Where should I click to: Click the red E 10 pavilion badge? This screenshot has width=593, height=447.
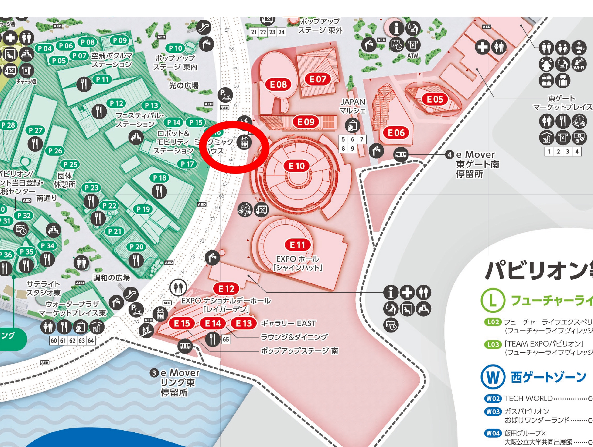point(297,166)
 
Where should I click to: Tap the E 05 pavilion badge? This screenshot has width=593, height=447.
point(435,99)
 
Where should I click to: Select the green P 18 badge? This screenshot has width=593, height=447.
point(160,178)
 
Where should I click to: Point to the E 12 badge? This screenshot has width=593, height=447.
point(226,289)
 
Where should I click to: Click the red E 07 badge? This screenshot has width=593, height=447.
point(318,79)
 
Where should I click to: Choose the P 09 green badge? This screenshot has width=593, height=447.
point(120,40)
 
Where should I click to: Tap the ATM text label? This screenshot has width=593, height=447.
point(413,56)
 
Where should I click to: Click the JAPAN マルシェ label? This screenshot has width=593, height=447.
point(352,106)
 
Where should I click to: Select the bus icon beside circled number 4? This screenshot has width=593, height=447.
point(401,155)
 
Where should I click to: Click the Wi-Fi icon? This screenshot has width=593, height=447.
point(579,64)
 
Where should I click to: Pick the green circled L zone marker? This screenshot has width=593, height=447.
point(492,300)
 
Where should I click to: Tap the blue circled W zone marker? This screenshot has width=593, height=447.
point(493,377)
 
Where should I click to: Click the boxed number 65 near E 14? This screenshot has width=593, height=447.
point(226,339)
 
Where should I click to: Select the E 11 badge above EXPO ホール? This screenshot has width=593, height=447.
point(297,245)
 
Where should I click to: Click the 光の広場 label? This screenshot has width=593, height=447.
point(184,85)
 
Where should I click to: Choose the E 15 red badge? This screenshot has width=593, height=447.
point(182,323)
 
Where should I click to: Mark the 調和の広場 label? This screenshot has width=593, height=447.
point(112,278)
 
